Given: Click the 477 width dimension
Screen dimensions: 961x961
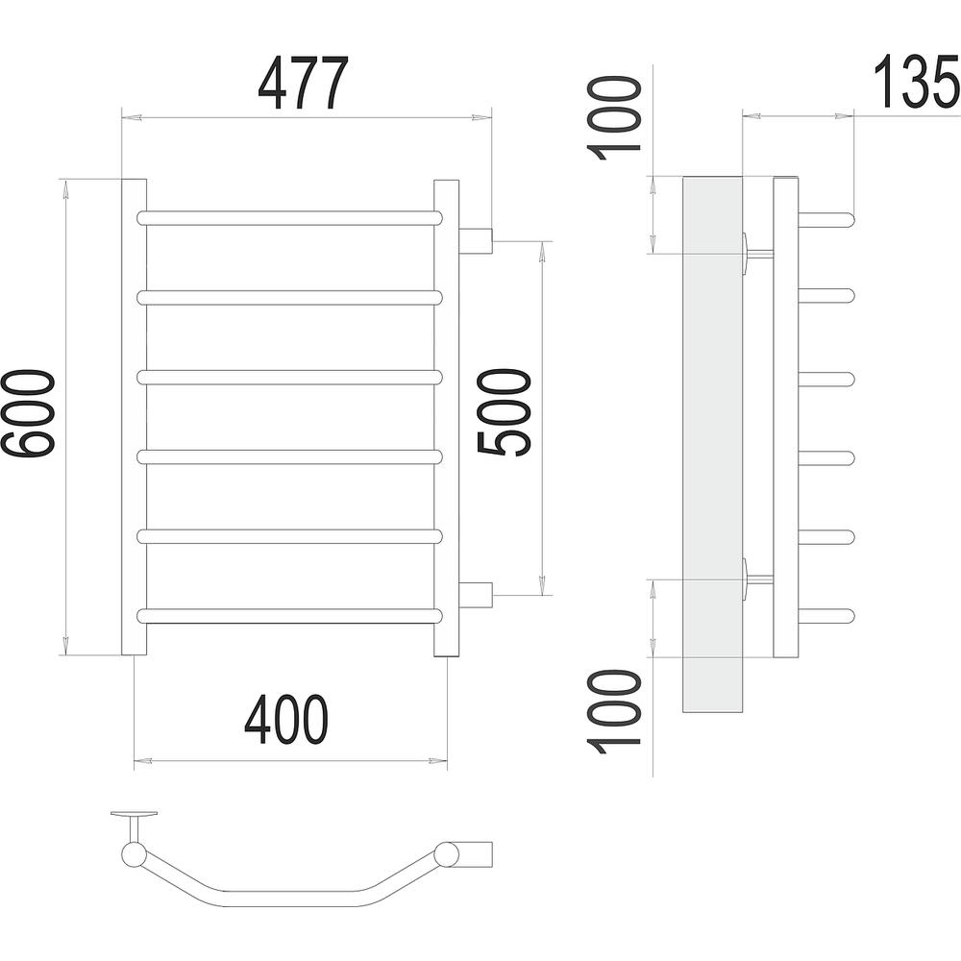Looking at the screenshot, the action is pos(303,83).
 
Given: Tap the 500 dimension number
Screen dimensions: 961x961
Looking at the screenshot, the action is pos(503,413).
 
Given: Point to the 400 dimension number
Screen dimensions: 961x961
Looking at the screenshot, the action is pos(286,720).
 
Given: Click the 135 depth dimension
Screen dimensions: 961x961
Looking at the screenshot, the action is pos(916,82).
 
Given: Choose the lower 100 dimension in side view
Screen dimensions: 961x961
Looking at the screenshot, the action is pos(614,712).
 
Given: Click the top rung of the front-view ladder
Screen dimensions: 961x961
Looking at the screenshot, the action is pos(289,217).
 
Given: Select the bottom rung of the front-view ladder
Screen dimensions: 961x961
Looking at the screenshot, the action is pos(289,616).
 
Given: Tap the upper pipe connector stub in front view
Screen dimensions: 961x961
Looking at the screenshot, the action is pos(476,241).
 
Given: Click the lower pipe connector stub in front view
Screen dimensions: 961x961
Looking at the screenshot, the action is pos(476,595).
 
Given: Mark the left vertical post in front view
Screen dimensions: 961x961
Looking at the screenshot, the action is pos(135,417).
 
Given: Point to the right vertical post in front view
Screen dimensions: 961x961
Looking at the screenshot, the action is pos(446,417).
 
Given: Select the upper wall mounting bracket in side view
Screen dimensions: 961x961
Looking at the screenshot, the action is pos(757,253).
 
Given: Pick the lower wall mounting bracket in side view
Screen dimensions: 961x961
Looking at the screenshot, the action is pos(757,578).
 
